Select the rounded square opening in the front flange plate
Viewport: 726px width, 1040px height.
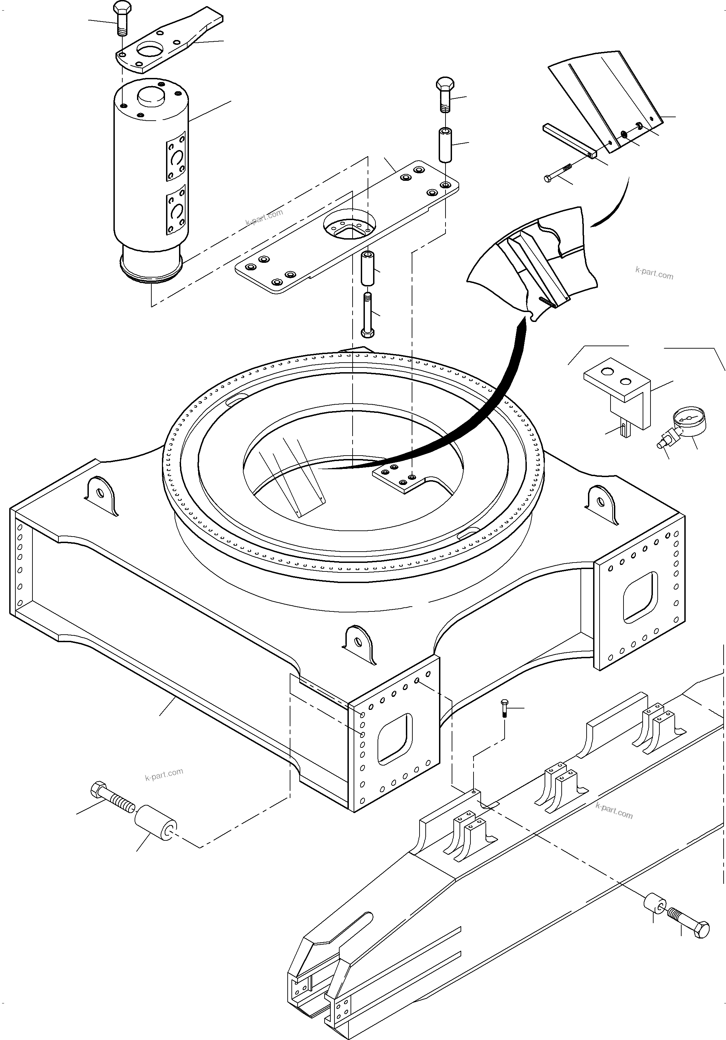[395, 738]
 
